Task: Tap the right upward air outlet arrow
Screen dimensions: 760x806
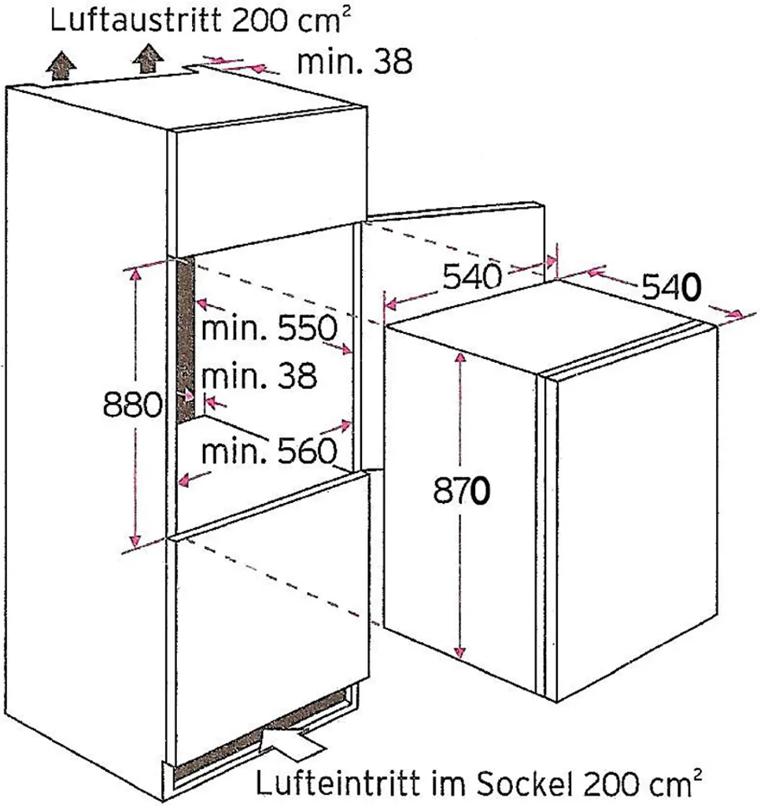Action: point(148,58)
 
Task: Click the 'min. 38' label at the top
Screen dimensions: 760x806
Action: point(355,62)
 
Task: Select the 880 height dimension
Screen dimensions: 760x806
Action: point(133,405)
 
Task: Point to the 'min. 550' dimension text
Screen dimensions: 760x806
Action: point(269,327)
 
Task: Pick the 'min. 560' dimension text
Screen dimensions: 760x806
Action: point(269,451)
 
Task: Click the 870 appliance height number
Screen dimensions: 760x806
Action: point(462,491)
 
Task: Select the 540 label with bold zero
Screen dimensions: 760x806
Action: point(672,288)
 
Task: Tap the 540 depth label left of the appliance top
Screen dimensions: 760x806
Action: point(472,276)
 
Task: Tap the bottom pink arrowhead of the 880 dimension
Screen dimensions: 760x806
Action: point(135,541)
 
